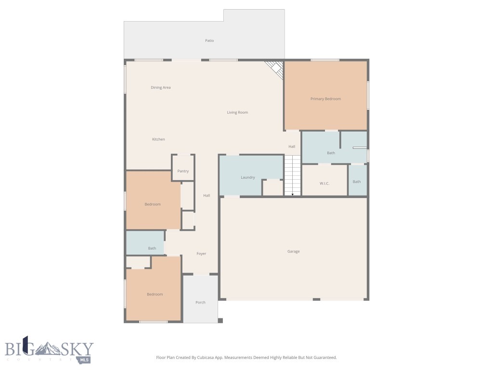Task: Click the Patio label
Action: tap(209, 40)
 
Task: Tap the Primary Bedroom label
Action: tap(325, 99)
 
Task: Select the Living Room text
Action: tap(237, 112)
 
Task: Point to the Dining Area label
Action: tap(160, 88)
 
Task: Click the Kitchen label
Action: tap(158, 139)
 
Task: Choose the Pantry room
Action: tap(183, 171)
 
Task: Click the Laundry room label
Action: tap(248, 177)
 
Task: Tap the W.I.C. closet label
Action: tap(324, 183)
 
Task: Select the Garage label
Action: tap(293, 251)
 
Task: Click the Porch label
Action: tap(200, 303)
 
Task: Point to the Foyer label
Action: tap(201, 253)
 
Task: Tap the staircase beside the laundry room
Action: tap(292, 175)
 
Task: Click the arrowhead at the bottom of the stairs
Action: tap(293, 194)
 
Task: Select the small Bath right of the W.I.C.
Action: tap(357, 182)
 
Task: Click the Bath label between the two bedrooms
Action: tap(152, 248)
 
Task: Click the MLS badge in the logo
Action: tap(85, 359)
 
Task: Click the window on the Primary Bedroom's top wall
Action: tap(324, 60)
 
